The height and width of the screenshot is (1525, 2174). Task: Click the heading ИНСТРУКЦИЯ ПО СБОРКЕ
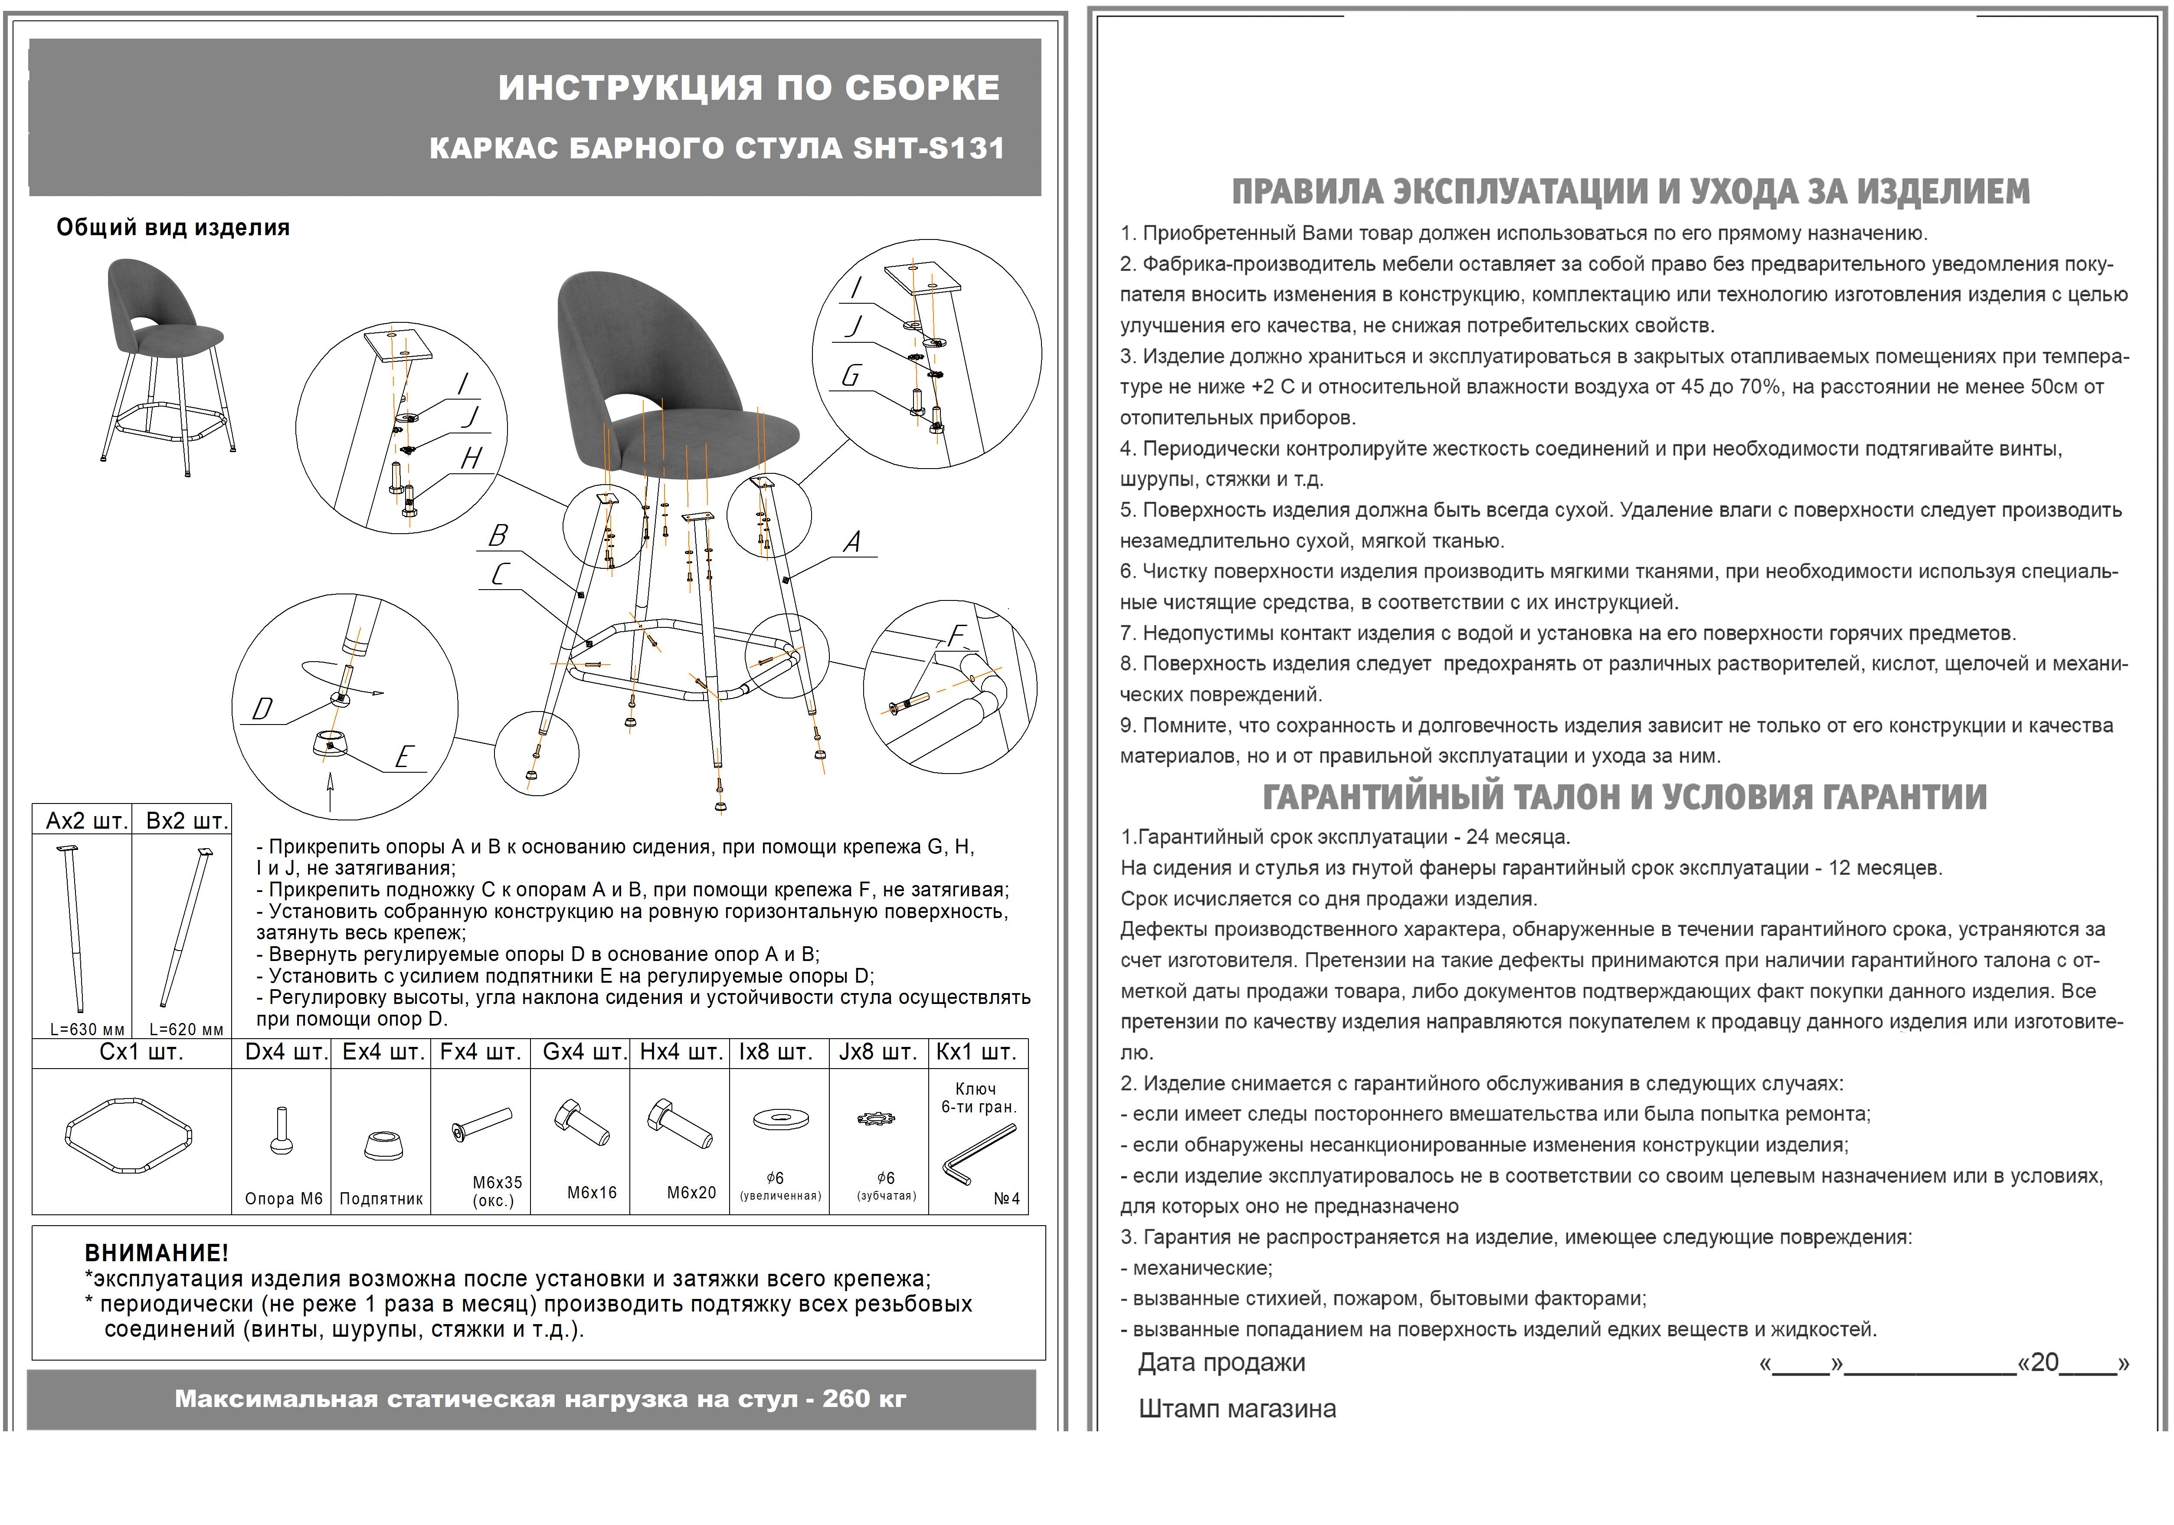click(x=748, y=88)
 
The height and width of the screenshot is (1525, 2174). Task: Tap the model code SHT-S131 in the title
click(x=928, y=149)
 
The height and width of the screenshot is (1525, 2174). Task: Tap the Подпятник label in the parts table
click(x=381, y=1199)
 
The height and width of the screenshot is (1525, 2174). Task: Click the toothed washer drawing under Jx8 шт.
click(x=877, y=1120)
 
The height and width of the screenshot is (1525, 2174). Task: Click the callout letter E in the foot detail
click(x=404, y=757)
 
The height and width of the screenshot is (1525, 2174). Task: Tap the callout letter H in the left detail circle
click(x=471, y=459)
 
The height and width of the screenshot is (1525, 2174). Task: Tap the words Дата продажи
click(x=1221, y=1363)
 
